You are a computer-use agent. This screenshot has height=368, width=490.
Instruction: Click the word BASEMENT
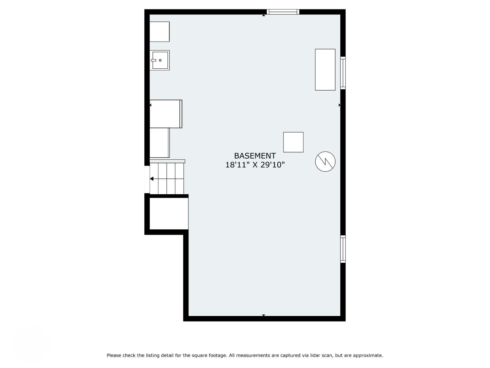point(255,155)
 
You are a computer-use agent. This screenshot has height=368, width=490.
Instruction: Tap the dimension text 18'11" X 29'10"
point(255,165)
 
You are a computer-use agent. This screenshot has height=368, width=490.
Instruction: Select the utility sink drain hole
point(160,60)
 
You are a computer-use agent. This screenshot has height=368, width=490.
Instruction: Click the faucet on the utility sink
point(153,60)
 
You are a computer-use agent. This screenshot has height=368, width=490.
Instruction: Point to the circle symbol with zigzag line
point(325,162)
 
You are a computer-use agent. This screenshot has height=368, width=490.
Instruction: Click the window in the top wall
point(283,12)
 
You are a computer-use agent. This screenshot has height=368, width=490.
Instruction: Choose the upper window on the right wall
point(343,73)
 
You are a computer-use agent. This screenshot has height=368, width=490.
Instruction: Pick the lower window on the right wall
point(343,249)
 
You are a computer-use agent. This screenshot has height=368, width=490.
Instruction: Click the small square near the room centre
point(293,142)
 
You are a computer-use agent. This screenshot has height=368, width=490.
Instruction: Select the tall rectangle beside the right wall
point(325,70)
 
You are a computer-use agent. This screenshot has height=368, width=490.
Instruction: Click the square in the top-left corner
point(159,31)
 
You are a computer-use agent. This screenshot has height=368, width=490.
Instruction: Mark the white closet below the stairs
point(169,214)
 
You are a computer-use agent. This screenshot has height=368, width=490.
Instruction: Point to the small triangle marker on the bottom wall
point(263,315)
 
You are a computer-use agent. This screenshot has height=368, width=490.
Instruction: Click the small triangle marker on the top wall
point(263,15)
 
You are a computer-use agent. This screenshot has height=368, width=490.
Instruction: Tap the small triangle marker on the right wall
point(339,105)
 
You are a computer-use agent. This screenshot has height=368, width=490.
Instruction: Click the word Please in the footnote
point(114,356)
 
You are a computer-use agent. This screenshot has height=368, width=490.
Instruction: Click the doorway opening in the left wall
point(147,179)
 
